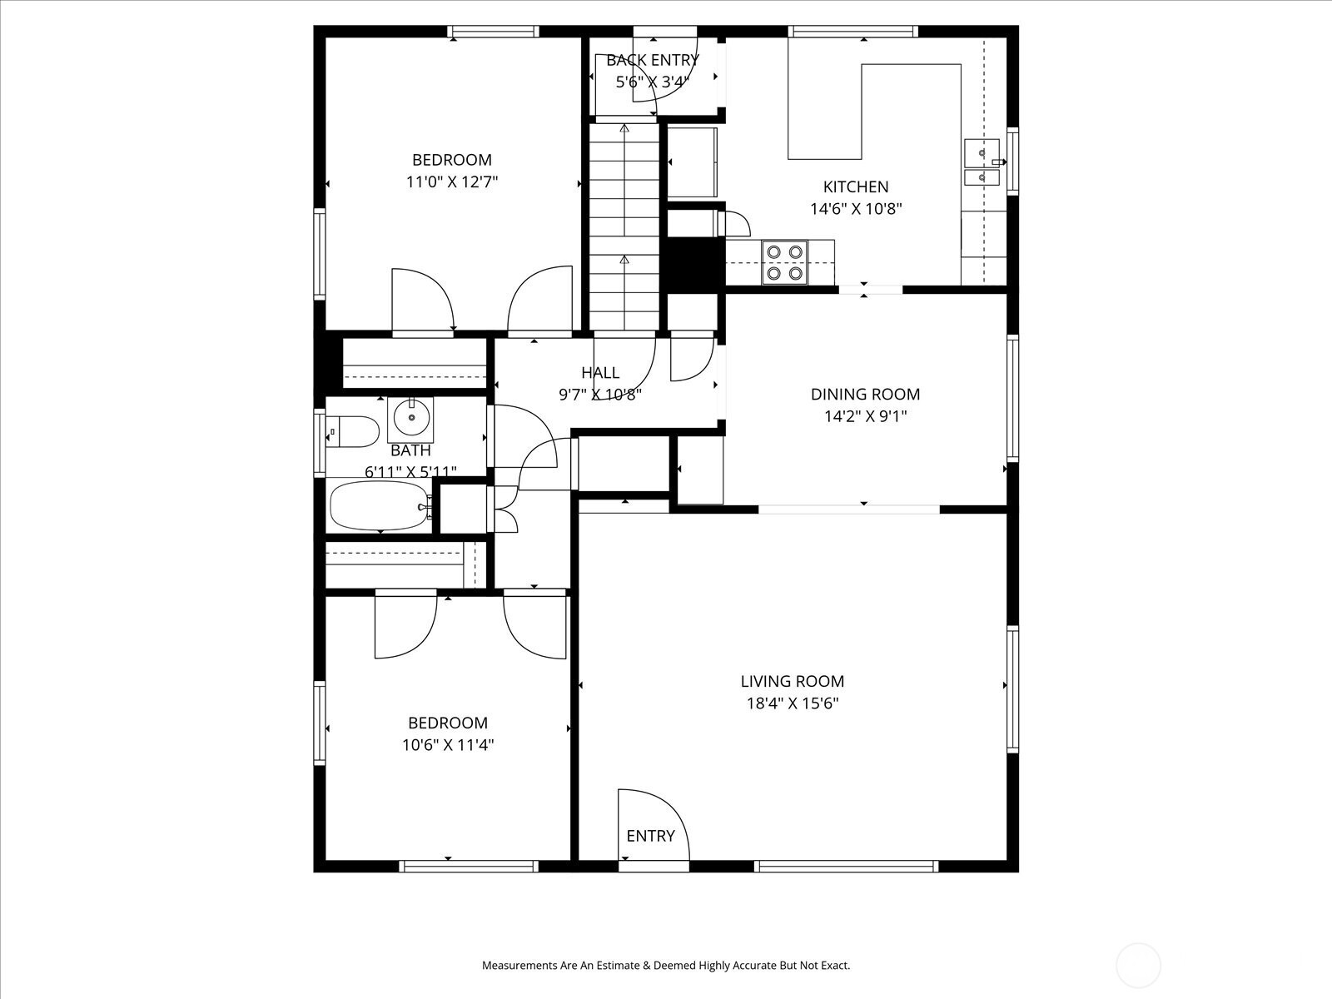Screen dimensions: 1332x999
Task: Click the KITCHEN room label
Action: [x=856, y=186]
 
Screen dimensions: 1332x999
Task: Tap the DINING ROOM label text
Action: [x=865, y=395]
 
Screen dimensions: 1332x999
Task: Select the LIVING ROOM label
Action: [x=793, y=681]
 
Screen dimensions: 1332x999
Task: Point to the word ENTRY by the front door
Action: [x=650, y=836]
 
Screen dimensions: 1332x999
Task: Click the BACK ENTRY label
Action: [x=653, y=60]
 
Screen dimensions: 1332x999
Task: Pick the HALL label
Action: [x=600, y=372]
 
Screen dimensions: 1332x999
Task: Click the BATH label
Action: [x=410, y=450]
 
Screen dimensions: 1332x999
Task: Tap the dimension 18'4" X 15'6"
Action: [x=793, y=703]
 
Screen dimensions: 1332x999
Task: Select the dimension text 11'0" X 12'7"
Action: [x=452, y=182]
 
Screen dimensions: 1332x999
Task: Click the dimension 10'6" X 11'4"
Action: [x=448, y=744]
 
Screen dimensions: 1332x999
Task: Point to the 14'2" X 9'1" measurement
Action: [x=865, y=416]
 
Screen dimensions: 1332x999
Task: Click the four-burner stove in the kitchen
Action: [x=785, y=262]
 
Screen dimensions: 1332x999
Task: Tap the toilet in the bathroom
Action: [x=352, y=431]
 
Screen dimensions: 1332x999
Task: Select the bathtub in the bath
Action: [x=380, y=505]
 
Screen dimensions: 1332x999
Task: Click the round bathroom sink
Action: [x=410, y=419]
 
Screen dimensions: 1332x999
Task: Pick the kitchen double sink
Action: [x=982, y=162]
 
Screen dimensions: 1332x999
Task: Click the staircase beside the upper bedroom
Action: [x=624, y=226]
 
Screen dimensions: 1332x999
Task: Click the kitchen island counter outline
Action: [x=874, y=112]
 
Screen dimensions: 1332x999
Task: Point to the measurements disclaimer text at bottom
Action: [x=666, y=965]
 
